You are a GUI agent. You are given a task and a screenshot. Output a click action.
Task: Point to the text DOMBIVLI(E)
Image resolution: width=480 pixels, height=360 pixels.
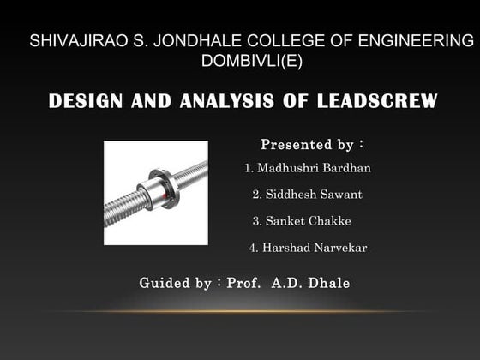click(251, 61)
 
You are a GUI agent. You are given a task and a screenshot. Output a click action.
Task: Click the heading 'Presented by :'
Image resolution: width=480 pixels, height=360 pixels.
click(311, 143)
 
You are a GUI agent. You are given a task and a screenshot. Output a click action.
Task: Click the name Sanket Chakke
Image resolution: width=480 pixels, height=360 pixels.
click(308, 221)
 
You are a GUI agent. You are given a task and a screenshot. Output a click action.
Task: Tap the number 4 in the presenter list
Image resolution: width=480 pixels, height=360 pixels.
click(253, 248)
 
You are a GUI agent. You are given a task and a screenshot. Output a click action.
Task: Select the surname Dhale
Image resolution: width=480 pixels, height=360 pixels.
click(329, 282)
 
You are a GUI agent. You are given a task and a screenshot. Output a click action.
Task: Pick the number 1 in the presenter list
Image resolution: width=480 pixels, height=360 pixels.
click(249, 167)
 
